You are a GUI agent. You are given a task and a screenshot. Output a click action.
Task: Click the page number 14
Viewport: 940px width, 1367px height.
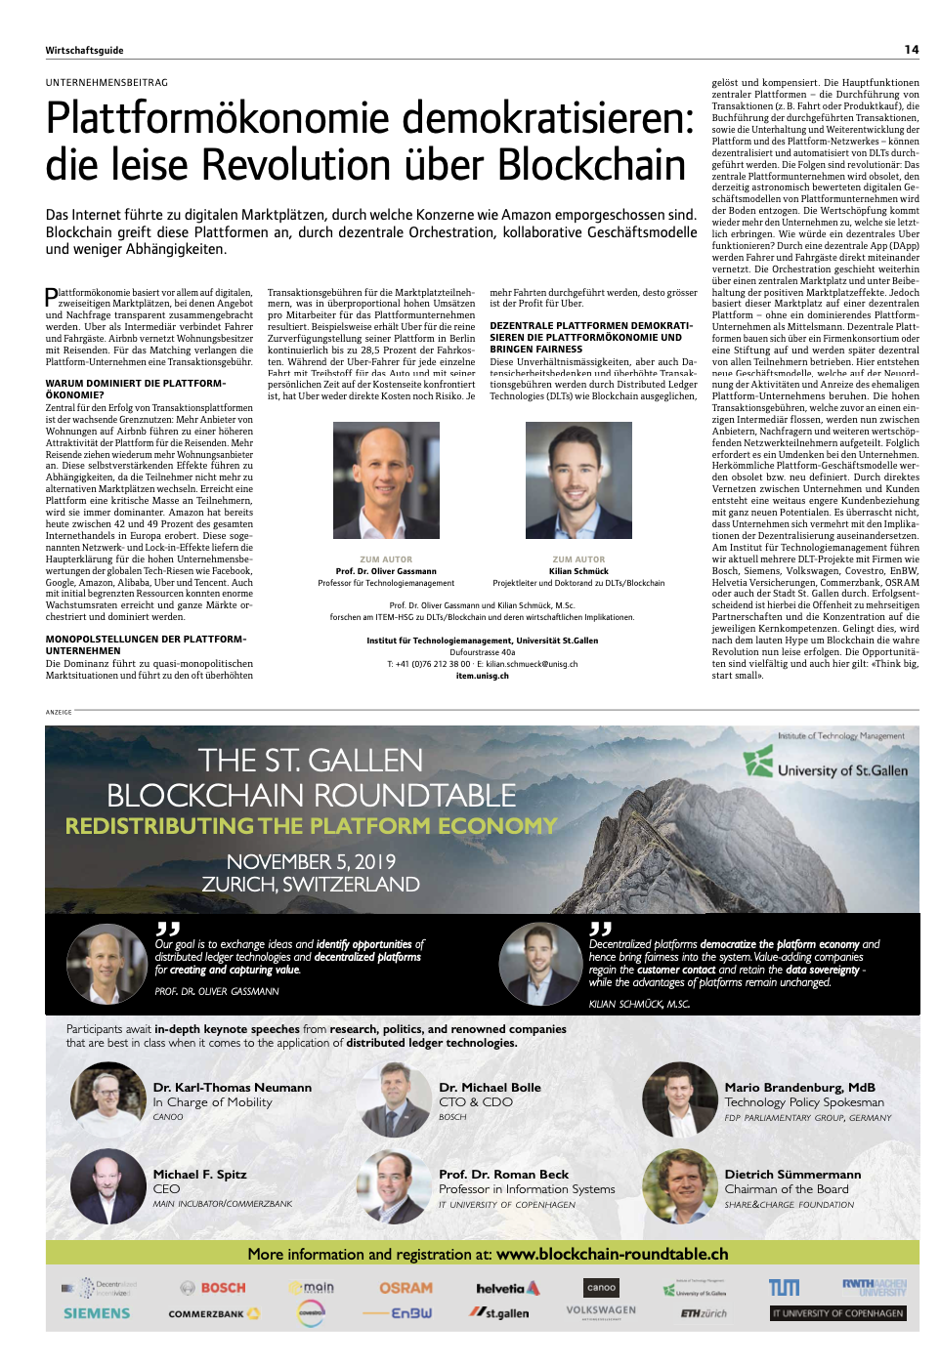(x=911, y=50)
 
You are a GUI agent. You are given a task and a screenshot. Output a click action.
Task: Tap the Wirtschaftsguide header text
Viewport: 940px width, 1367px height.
(x=84, y=51)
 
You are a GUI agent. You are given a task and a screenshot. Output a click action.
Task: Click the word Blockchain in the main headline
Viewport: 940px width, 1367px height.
(x=591, y=164)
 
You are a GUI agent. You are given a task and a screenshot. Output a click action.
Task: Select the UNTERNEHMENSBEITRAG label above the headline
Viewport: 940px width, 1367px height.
(x=107, y=83)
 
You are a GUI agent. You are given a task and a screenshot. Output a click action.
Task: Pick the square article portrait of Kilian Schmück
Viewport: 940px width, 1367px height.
(x=578, y=480)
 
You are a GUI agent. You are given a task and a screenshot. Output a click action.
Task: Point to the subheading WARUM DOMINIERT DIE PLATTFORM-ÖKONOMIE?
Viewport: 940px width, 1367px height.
(x=135, y=389)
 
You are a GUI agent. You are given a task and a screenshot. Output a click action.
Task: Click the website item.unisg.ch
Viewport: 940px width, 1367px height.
(x=482, y=676)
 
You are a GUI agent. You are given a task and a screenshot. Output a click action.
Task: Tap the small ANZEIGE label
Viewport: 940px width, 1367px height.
(x=59, y=712)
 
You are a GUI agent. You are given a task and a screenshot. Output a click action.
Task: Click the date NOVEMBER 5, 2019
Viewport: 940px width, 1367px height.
(x=311, y=861)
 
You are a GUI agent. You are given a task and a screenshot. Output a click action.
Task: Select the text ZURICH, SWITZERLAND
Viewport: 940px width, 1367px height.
(x=311, y=885)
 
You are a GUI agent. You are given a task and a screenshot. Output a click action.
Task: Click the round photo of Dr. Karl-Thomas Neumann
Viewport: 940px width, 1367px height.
(x=107, y=1099)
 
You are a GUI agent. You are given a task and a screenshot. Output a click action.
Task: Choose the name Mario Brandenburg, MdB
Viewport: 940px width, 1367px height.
(x=799, y=1088)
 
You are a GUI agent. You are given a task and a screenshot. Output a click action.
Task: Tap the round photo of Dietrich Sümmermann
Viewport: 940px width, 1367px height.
(x=679, y=1186)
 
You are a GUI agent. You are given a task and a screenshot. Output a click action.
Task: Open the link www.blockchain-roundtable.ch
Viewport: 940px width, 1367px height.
(x=612, y=1255)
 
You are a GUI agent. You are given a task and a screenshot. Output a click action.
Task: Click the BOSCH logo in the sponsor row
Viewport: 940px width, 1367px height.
(x=213, y=1288)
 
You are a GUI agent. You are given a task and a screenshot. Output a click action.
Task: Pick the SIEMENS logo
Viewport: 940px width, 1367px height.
(x=97, y=1314)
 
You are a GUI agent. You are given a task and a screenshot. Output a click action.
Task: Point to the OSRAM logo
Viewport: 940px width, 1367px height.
(x=406, y=1288)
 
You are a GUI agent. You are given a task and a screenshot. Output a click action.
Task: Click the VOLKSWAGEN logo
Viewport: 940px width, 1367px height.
(x=601, y=1310)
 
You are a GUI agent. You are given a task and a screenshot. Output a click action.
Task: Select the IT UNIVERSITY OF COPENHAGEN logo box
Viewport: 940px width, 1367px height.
(x=837, y=1313)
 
